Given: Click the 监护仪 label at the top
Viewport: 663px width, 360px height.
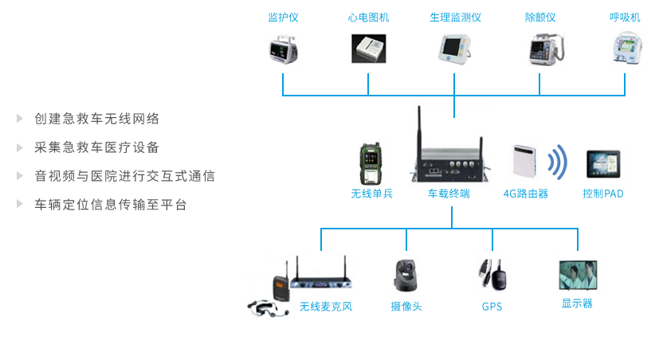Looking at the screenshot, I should tap(283, 17).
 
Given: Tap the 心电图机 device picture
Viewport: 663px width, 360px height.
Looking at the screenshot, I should tap(368, 49).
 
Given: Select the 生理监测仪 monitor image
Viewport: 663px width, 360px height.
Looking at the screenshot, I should tap(455, 49).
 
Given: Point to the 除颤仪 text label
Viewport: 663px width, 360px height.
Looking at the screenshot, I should tap(539, 17).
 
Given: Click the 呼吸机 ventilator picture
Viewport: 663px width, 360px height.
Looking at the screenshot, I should tap(625, 49).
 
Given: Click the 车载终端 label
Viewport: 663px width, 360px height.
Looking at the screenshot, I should tap(449, 193).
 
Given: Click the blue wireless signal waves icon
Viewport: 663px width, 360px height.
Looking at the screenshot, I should tap(559, 162).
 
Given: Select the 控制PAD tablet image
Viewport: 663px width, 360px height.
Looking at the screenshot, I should tap(603, 164).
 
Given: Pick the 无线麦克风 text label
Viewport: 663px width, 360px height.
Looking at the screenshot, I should tap(325, 307).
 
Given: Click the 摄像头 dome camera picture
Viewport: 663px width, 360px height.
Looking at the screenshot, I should tap(406, 276).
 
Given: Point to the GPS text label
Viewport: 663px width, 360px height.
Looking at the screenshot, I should tap(492, 307).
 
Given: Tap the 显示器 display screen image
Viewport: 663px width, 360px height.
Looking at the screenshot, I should tap(578, 275).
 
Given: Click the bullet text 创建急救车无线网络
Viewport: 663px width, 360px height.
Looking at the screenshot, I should tap(97, 119).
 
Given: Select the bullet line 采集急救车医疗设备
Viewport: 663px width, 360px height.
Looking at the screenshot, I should tap(97, 147).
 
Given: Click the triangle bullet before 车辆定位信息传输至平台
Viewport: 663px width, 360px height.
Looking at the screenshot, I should tap(20, 205).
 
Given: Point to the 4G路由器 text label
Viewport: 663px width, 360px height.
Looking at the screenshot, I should tap(525, 193).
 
